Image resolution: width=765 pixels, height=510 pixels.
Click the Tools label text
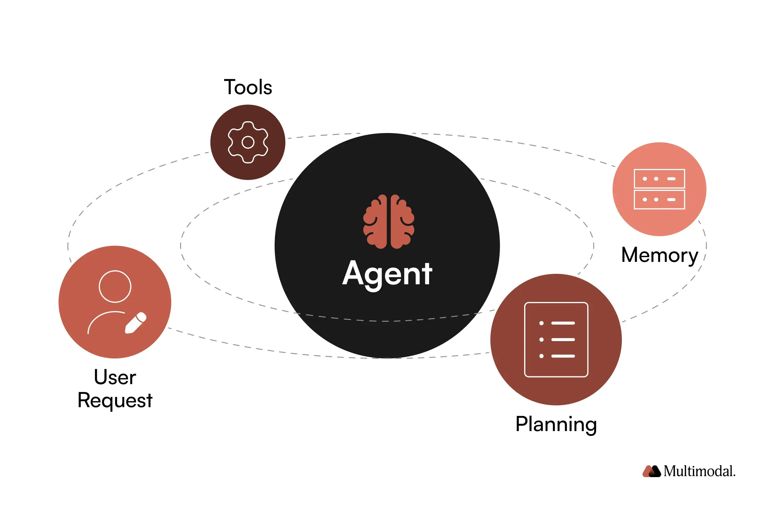click(x=248, y=87)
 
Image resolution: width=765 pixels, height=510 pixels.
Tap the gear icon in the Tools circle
click(x=248, y=142)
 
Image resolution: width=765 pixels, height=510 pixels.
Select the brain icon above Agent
click(x=388, y=222)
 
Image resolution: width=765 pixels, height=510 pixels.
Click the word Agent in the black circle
click(x=387, y=274)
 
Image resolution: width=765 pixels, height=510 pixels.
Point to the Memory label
click(x=659, y=255)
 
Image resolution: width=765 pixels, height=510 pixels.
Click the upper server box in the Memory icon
click(x=659, y=178)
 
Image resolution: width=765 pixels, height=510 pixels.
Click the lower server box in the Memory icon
click(x=659, y=199)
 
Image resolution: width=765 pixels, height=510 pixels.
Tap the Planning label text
click(x=556, y=425)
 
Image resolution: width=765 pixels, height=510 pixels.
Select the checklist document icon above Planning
click(x=556, y=340)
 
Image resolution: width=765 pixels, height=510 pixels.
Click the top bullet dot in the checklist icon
click(x=541, y=323)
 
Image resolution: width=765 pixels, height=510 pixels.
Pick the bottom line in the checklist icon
click(x=563, y=356)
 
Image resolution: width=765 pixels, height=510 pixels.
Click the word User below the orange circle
click(x=115, y=377)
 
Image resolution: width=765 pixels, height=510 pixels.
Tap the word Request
click(x=115, y=400)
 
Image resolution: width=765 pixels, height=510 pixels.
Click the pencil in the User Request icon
click(x=136, y=323)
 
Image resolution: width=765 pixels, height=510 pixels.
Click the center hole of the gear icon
click(x=248, y=142)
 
